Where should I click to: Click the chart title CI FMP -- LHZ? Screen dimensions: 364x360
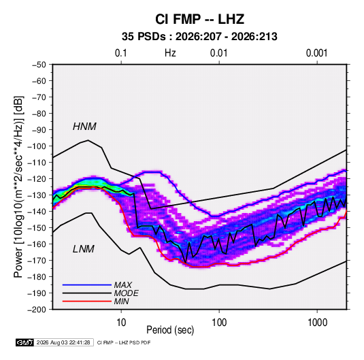[x=199, y=19]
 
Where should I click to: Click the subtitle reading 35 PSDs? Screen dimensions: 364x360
[x=144, y=37]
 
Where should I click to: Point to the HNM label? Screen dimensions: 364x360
[x=84, y=127]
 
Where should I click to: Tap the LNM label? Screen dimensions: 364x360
[x=84, y=249]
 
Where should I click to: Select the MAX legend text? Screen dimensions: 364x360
[x=122, y=285]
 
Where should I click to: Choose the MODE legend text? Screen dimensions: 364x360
[x=126, y=293]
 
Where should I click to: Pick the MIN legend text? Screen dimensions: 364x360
[x=121, y=301]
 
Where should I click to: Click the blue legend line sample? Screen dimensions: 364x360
[x=87, y=285]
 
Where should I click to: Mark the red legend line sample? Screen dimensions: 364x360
[x=87, y=301]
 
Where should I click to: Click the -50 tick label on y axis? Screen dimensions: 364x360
[x=39, y=65]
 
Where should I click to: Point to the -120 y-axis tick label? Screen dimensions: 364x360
[x=37, y=179]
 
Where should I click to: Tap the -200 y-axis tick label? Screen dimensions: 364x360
[x=37, y=310]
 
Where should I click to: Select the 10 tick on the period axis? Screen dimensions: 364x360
[x=121, y=323]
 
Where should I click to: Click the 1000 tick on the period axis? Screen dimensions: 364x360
[x=317, y=323]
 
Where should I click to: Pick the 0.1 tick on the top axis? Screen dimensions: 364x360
[x=121, y=53]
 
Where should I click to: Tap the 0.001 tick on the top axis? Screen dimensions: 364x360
[x=316, y=53]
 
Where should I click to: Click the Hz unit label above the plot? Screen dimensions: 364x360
[x=170, y=53]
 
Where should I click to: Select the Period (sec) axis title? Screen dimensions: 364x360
[x=170, y=330]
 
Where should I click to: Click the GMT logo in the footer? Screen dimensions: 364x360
[x=25, y=342]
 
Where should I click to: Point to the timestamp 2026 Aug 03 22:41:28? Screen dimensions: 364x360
[x=63, y=342]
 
